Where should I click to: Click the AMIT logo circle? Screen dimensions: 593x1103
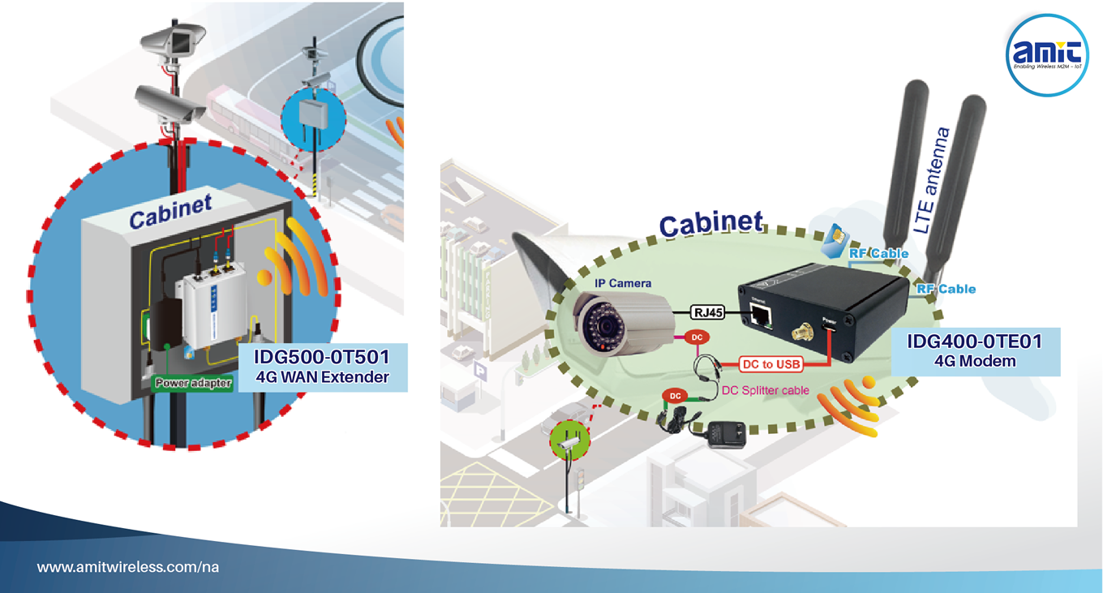tap(1046, 55)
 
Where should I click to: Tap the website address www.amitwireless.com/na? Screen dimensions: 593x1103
tap(128, 567)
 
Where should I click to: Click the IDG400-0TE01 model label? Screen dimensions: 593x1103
tap(974, 341)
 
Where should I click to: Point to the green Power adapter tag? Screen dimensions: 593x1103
tap(194, 383)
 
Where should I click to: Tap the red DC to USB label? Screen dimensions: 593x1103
tap(771, 364)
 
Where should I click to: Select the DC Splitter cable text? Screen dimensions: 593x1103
tap(766, 390)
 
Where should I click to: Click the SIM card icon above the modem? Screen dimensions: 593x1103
tap(833, 240)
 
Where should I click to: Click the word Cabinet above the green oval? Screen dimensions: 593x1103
tap(710, 225)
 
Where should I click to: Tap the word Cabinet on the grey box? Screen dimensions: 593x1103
tap(170, 214)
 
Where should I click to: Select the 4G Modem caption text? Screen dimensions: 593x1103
tap(975, 361)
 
